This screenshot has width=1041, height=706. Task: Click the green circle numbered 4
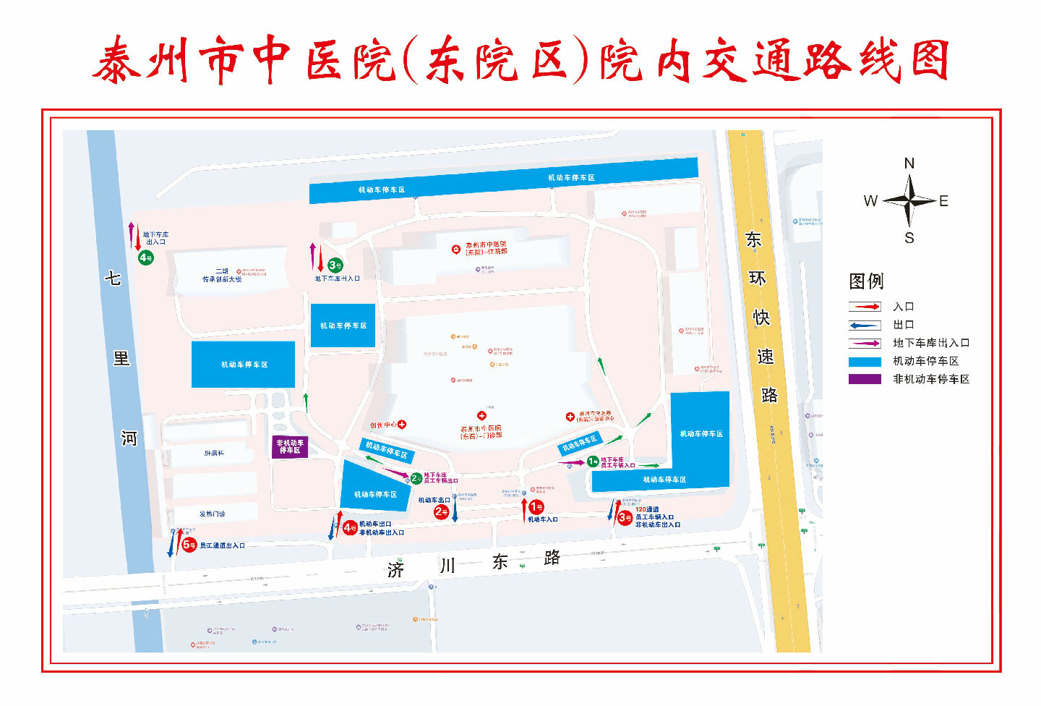145,258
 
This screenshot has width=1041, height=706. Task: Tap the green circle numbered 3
335,265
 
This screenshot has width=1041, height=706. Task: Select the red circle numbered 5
189,545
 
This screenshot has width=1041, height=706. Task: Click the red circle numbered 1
536,508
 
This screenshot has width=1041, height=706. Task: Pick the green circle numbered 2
416,478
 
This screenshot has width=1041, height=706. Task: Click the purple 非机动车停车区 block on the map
290,446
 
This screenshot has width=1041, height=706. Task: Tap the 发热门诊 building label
213,514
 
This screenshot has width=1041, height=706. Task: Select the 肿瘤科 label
214,454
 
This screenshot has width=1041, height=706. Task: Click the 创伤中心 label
383,425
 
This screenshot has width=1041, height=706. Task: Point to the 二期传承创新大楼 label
222,276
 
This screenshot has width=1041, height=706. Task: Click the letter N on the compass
909,163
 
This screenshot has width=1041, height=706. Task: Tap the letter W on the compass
870,201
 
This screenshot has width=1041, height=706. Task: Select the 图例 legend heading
866,281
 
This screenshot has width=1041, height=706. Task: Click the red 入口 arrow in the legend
865,307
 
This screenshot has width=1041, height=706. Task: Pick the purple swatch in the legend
865,379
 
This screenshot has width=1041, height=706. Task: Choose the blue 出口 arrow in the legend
865,325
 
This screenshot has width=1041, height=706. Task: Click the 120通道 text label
647,509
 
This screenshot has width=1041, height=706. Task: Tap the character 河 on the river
129,438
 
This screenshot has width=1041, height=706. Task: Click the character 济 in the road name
395,570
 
